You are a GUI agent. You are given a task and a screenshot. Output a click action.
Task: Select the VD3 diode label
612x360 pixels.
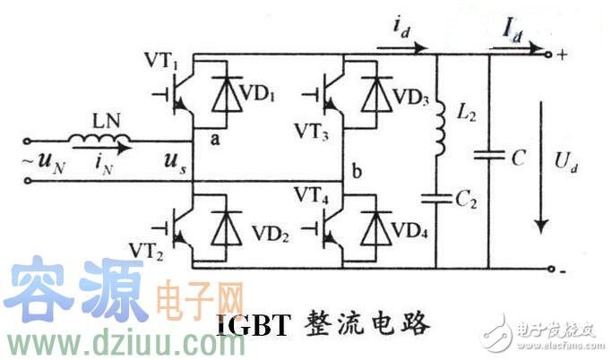point(411,96)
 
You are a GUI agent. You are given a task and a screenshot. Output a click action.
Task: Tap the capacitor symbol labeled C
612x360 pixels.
point(489,158)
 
